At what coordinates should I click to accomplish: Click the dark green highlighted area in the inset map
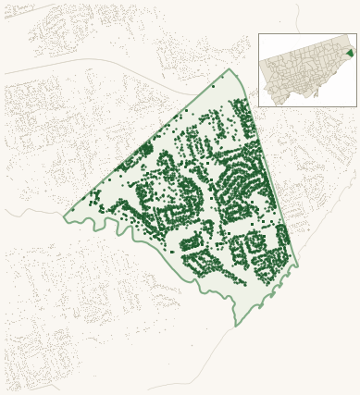click(350, 53)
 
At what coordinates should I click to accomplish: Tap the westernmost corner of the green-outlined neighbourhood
click(64, 216)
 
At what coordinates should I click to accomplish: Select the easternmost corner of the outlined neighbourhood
click(298, 265)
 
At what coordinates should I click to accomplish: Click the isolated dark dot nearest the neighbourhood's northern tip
click(214, 86)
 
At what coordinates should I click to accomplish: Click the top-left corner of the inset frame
click(259, 34)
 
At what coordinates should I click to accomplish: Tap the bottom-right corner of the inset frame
click(356, 106)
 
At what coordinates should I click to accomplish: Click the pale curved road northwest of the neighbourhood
click(111, 65)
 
